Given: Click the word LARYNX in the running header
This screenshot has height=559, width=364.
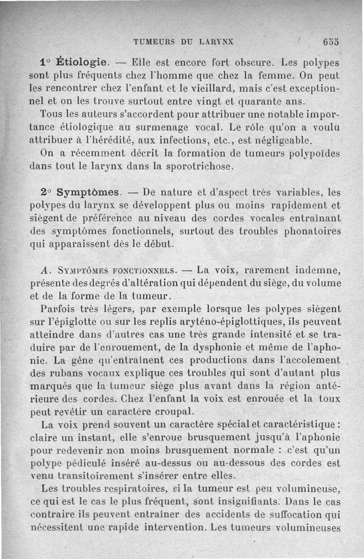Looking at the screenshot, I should tap(217, 41).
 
